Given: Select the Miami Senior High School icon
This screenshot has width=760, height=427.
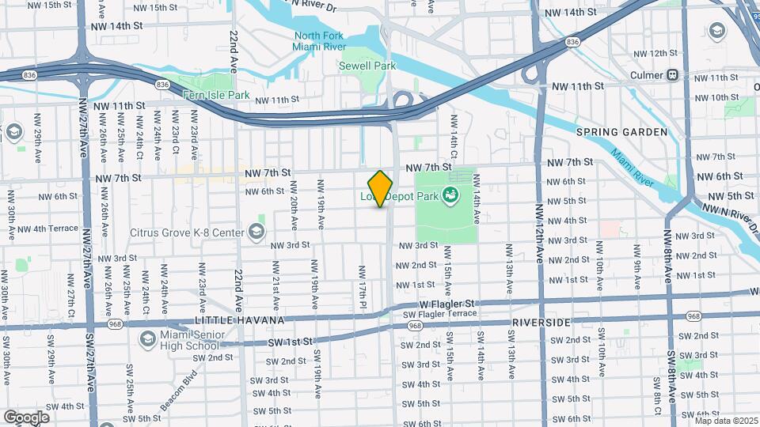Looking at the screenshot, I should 148,339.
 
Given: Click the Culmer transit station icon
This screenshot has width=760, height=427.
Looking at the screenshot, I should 672,75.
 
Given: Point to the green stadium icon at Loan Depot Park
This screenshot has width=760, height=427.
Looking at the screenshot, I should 451,195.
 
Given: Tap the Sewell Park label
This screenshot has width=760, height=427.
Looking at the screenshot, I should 367,66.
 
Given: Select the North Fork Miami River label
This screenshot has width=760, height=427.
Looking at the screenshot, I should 320,41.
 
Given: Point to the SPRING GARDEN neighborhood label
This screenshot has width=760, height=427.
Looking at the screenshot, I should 621,132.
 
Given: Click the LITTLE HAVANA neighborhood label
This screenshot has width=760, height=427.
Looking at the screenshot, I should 229,319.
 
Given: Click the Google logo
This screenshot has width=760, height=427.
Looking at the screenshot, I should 25,417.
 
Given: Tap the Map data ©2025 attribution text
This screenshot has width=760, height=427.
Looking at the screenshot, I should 725,421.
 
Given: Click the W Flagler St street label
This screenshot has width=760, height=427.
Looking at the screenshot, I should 446,304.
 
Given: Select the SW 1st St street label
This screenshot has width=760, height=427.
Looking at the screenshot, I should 286,341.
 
